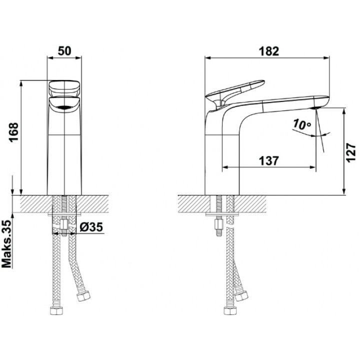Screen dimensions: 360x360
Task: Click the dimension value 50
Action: tap(64, 51)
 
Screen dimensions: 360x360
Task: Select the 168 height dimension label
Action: tap(13, 132)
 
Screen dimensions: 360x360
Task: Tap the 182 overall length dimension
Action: tap(269, 51)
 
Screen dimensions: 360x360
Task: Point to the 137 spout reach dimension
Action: tap(269, 161)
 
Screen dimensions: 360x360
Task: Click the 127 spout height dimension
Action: tap(350, 153)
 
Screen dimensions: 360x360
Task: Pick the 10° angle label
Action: tap(302, 124)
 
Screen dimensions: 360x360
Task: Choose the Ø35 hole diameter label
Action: tap(91, 227)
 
